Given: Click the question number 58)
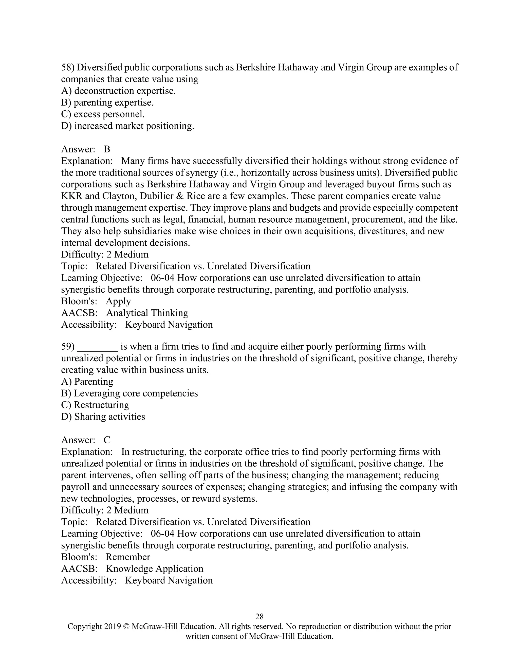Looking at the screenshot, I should pyautogui.click(x=68, y=67).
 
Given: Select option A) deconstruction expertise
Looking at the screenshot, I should pyautogui.click(x=118, y=91).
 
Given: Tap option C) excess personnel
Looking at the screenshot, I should pyautogui.click(x=103, y=114).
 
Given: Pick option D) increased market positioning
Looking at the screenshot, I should pyautogui.click(x=128, y=126).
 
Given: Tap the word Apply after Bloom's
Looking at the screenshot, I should pyautogui.click(x=118, y=301).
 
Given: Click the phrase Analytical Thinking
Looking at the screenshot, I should pyautogui.click(x=147, y=313).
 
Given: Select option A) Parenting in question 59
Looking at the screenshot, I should pyautogui.click(x=87, y=381).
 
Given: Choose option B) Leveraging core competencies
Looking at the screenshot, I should pyautogui.click(x=129, y=393).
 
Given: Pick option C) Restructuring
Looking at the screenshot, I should pyautogui.click(x=95, y=405).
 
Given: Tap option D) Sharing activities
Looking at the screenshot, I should pyautogui.click(x=103, y=416).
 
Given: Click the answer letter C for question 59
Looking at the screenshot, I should pyautogui.click(x=107, y=440).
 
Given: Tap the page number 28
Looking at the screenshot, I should pyautogui.click(x=259, y=616).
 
